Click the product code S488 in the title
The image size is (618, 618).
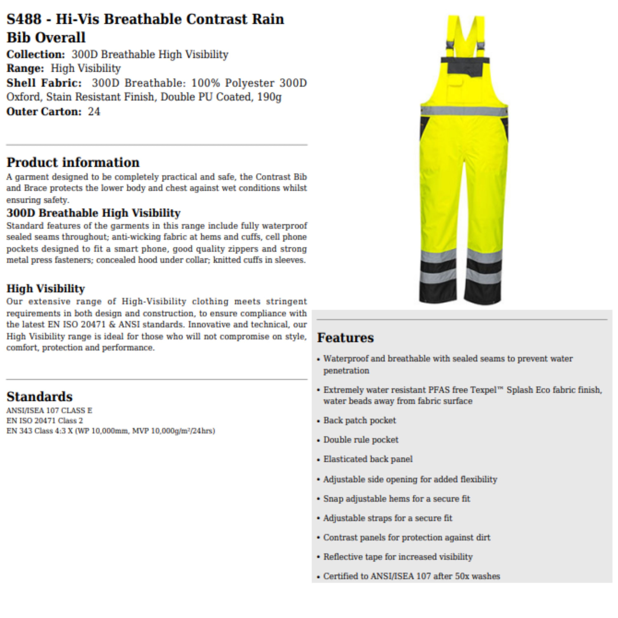point(24,19)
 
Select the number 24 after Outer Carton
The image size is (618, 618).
point(94,112)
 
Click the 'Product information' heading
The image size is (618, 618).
point(73,163)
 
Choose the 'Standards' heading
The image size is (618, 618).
point(39,397)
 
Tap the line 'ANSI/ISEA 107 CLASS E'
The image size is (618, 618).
point(49,410)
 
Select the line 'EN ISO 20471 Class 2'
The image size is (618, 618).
point(44,421)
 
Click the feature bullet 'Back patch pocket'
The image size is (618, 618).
point(359,420)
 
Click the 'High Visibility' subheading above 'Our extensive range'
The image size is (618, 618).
point(46,289)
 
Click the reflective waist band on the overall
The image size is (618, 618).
point(464,111)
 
